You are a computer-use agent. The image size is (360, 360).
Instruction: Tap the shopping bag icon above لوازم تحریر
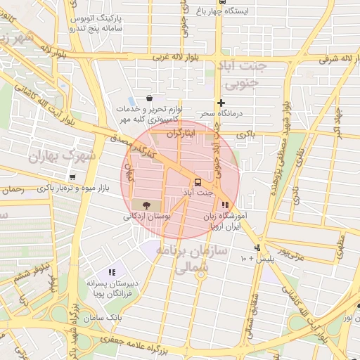pos(149,99)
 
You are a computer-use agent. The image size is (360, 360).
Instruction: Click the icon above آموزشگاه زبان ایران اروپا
pos(224,205)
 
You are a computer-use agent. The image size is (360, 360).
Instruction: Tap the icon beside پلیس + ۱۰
pos(259,247)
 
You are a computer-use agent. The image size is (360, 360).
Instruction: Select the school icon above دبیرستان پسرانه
pos(111,272)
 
